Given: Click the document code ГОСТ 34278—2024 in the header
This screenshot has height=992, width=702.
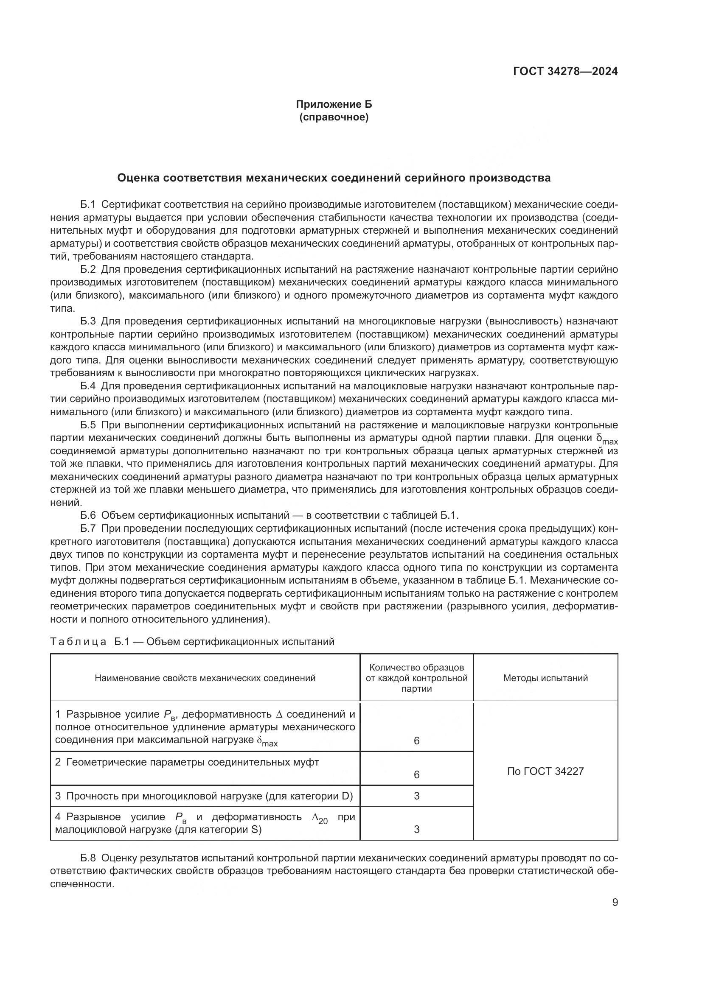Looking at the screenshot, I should [565, 71].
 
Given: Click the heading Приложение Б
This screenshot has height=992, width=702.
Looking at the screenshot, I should [334, 104].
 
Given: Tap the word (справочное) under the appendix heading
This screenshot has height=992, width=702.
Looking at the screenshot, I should [334, 117].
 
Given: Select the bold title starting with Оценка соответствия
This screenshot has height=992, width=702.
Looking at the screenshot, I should [334, 178].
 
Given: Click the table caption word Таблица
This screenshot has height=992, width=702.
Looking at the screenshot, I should [78, 642].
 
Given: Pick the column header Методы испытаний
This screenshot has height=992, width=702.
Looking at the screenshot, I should [545, 678].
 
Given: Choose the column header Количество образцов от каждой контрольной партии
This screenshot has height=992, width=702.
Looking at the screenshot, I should [416, 678].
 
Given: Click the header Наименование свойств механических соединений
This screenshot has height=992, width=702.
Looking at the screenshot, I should [205, 678].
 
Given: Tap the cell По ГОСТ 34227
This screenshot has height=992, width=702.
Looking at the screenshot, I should [545, 771].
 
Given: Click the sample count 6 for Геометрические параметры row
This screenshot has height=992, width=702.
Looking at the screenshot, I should [416, 775].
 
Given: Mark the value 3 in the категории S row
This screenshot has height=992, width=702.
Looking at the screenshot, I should [416, 829].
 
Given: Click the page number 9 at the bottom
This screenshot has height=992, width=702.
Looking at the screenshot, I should [615, 903].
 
